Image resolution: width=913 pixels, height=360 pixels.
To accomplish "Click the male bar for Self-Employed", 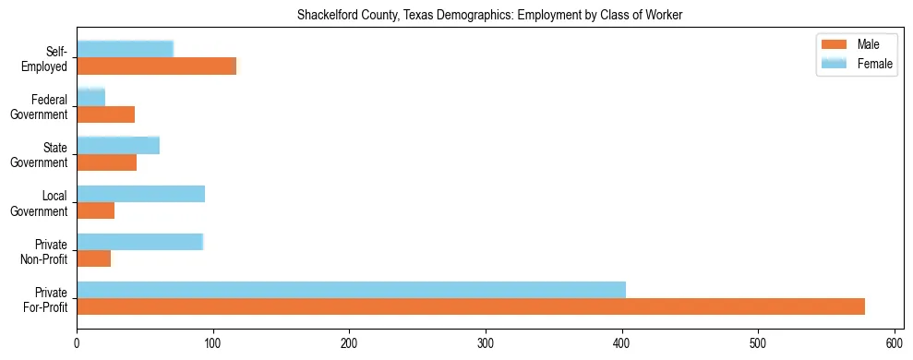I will click(156, 66).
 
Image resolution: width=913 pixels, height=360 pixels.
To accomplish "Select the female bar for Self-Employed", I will click(125, 49).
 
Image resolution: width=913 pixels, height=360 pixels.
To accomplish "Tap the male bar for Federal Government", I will click(105, 114).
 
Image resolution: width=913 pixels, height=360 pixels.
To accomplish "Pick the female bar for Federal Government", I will click(90, 97).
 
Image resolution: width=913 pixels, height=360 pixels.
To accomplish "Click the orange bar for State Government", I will click(106, 162).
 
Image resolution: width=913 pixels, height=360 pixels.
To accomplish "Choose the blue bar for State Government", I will click(118, 145).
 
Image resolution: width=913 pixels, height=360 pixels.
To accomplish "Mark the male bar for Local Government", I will click(95, 210).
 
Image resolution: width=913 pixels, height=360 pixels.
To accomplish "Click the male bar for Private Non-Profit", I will click(93, 258).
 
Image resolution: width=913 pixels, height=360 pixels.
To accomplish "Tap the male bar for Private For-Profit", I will click(471, 306).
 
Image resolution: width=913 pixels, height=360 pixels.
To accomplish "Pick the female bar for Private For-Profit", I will click(351, 290).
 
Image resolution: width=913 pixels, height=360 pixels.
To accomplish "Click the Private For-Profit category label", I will click(45, 299).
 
